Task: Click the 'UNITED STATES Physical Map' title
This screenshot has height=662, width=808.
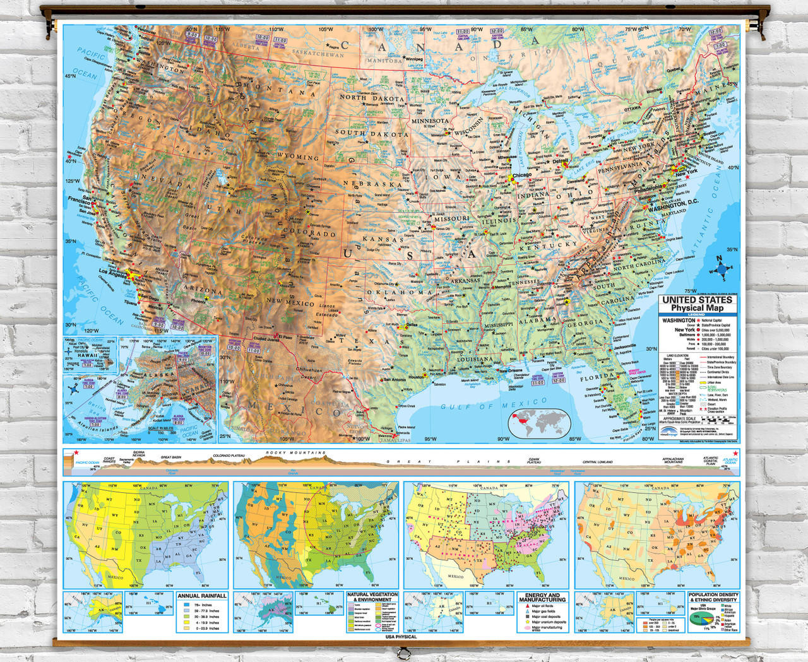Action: click(x=697, y=304)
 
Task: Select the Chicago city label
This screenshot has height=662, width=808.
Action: click(x=521, y=175)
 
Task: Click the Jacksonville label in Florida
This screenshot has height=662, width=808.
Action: click(x=625, y=346)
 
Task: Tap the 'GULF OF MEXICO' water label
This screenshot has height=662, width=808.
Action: click(x=494, y=404)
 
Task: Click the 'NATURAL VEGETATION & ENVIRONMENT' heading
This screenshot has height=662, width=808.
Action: click(x=372, y=597)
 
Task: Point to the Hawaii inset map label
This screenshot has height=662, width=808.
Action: click(x=88, y=355)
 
